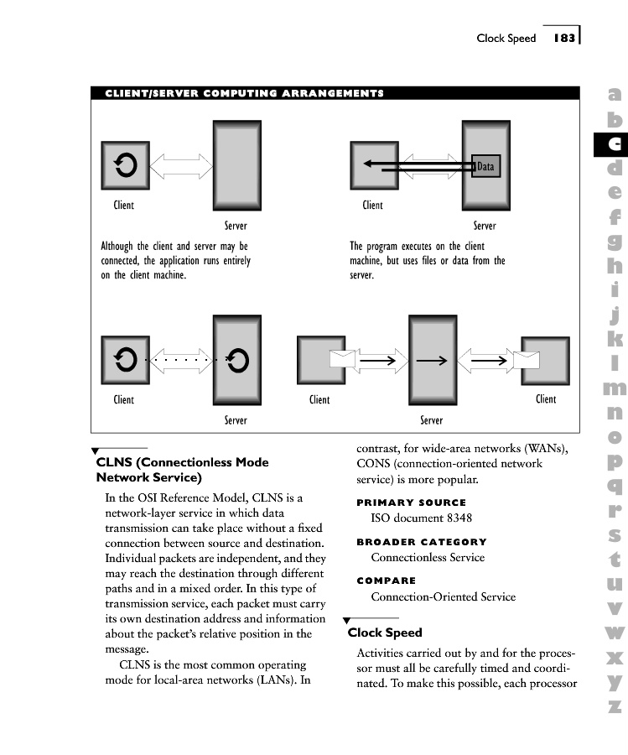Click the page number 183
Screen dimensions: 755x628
tap(563, 38)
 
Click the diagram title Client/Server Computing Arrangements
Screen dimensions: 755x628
tap(244, 93)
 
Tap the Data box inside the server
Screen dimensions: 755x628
tap(486, 166)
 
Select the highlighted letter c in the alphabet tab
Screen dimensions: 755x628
tap(615, 143)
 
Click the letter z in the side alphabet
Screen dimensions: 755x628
tap(615, 706)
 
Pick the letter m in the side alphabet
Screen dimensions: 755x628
tap(615, 388)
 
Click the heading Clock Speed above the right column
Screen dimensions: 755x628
tap(385, 633)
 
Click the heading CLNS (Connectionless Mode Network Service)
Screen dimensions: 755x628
tap(182, 470)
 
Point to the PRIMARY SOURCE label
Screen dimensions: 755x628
tap(411, 502)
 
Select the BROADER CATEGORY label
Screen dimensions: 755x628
tap(422, 542)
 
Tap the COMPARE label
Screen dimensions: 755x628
tap(386, 581)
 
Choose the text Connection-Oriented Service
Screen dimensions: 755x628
tap(444, 596)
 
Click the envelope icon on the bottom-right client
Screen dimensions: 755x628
tap(526, 361)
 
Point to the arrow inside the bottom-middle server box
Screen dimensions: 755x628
tap(431, 361)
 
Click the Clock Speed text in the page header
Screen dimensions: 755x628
tap(506, 38)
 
